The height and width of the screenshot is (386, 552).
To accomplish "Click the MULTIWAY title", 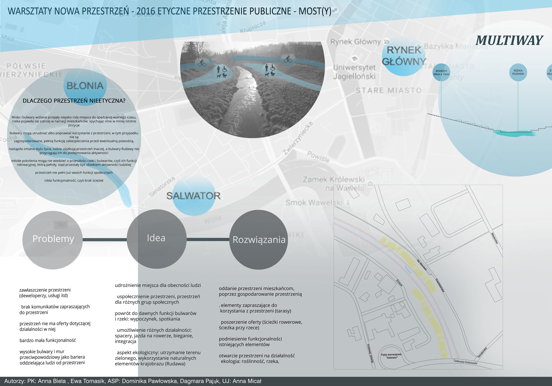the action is (509, 41).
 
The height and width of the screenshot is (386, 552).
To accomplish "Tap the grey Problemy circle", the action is (52, 239).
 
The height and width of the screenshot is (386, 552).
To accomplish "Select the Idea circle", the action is (156, 238).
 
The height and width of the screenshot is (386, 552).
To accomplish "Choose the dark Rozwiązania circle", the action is (259, 239).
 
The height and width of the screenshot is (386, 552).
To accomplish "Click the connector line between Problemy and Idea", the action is (105, 239).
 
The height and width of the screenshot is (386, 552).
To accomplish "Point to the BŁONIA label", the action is (85, 86).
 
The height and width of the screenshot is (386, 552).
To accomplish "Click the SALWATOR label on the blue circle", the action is (193, 196).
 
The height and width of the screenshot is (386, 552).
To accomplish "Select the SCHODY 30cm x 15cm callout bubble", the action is (441, 73).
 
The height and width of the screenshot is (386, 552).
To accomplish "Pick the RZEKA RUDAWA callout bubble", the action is (518, 72).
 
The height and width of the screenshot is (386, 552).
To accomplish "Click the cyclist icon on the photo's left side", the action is (202, 63).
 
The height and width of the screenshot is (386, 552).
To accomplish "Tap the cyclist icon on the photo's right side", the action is (288, 59).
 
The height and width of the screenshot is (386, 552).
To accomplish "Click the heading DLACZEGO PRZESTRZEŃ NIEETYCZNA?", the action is (74, 101).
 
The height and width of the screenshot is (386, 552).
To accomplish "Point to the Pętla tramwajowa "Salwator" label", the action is (391, 356).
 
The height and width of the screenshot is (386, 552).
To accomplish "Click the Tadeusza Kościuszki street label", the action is (465, 362).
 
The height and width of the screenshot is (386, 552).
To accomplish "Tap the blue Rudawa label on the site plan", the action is (408, 270).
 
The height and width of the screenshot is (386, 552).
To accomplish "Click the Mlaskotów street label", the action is (495, 238).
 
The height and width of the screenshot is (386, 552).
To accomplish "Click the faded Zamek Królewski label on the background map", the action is (334, 180).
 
